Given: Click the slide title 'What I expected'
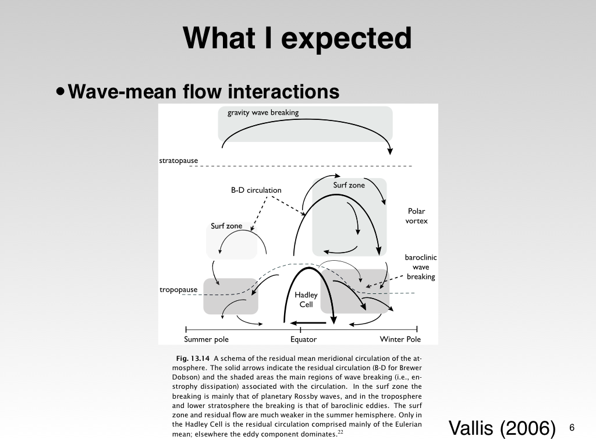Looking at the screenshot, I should tap(297, 38).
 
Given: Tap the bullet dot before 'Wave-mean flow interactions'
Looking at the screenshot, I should tap(61, 91).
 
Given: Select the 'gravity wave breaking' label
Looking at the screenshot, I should tap(262, 112).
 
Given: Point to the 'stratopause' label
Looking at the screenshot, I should tap(179, 160).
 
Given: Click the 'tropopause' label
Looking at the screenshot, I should tap(178, 289).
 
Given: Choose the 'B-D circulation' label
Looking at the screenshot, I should tap(256, 190).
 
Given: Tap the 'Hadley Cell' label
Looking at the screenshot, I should tap(306, 300).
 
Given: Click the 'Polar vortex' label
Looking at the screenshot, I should tap(416, 216).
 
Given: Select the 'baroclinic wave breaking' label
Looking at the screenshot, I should tap(421, 267).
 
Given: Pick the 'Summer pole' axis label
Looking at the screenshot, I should tap(206, 339).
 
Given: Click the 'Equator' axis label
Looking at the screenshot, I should tap(303, 339).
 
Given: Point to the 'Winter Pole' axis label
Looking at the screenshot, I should tap(400, 339).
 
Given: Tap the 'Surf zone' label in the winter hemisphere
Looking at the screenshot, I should tap(349, 185).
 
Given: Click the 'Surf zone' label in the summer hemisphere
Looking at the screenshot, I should tap(226, 226).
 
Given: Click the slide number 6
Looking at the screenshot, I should tap(572, 428).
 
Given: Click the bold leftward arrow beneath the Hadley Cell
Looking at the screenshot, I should tap(308, 322).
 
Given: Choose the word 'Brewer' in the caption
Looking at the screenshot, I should tap(410, 368).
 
